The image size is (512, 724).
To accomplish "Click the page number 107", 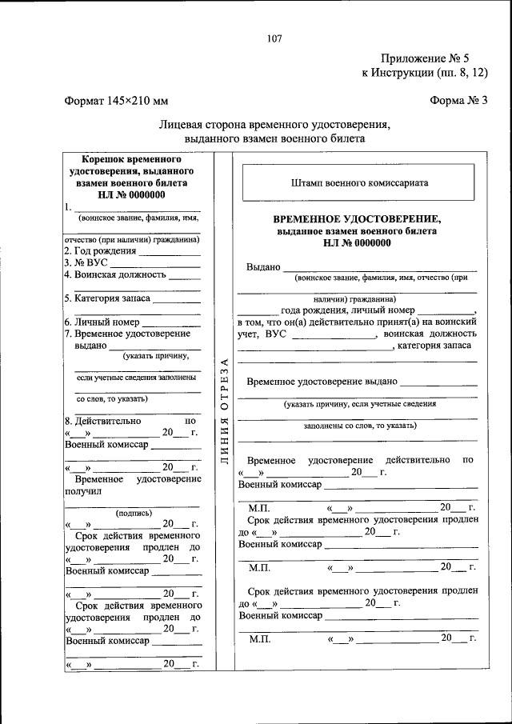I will (274, 38).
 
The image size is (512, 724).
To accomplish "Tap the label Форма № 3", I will (458, 101).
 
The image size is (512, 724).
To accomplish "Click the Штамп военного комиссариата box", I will (359, 182).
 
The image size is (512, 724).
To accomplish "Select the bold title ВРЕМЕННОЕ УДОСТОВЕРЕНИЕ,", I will (357, 218).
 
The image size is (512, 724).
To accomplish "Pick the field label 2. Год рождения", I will (101, 250).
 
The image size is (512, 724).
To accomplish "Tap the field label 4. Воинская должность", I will (115, 274).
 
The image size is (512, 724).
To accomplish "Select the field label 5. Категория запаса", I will (107, 298).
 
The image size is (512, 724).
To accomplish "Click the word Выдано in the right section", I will (263, 267).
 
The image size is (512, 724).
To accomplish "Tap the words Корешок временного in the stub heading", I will (131, 159).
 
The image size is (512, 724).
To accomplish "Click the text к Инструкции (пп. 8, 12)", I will (424, 73).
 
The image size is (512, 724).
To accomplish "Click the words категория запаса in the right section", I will (437, 345).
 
